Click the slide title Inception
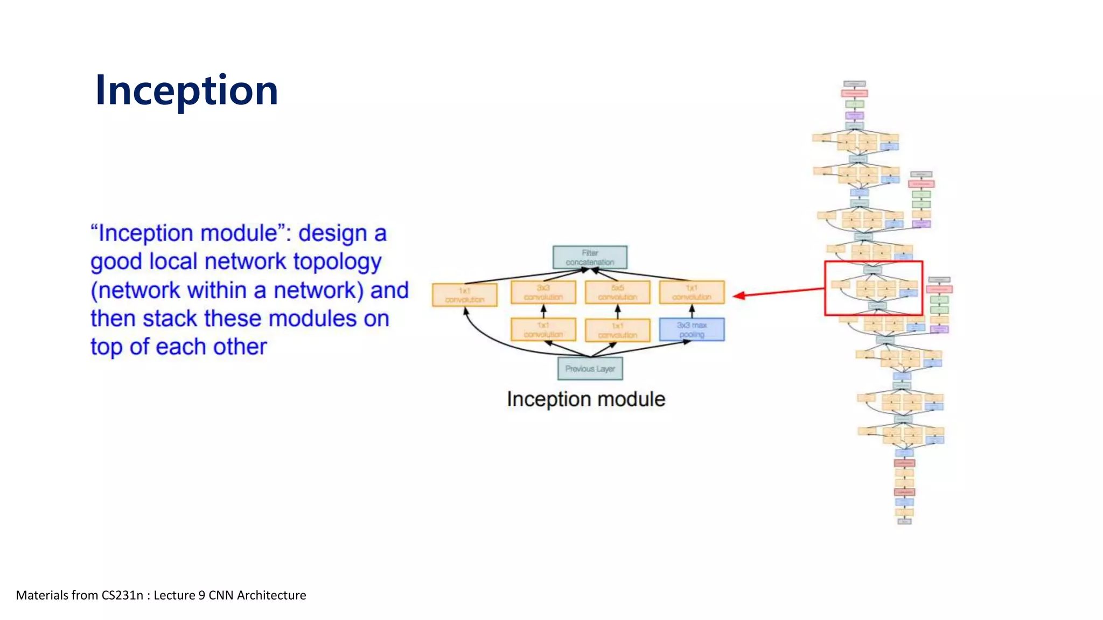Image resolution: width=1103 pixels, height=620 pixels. [x=186, y=90]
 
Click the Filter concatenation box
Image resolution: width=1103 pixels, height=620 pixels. [x=590, y=257]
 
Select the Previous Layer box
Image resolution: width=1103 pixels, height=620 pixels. [x=590, y=369]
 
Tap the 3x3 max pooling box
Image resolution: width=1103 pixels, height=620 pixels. [x=692, y=329]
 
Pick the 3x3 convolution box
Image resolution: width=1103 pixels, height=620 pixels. [x=543, y=292]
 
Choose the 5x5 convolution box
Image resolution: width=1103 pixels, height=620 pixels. [x=617, y=292]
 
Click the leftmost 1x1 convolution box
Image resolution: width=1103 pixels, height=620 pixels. [x=464, y=295]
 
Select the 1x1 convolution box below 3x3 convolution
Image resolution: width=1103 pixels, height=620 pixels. [x=543, y=329]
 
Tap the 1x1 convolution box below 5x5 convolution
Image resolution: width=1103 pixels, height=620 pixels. [x=617, y=330]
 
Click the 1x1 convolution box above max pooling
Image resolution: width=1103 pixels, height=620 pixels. [x=692, y=292]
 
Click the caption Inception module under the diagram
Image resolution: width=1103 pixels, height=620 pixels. [x=586, y=399]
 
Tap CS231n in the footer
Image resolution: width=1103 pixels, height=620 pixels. [x=122, y=595]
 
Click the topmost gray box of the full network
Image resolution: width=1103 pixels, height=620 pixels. [x=854, y=84]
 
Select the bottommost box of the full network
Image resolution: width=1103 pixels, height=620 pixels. [x=904, y=521]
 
